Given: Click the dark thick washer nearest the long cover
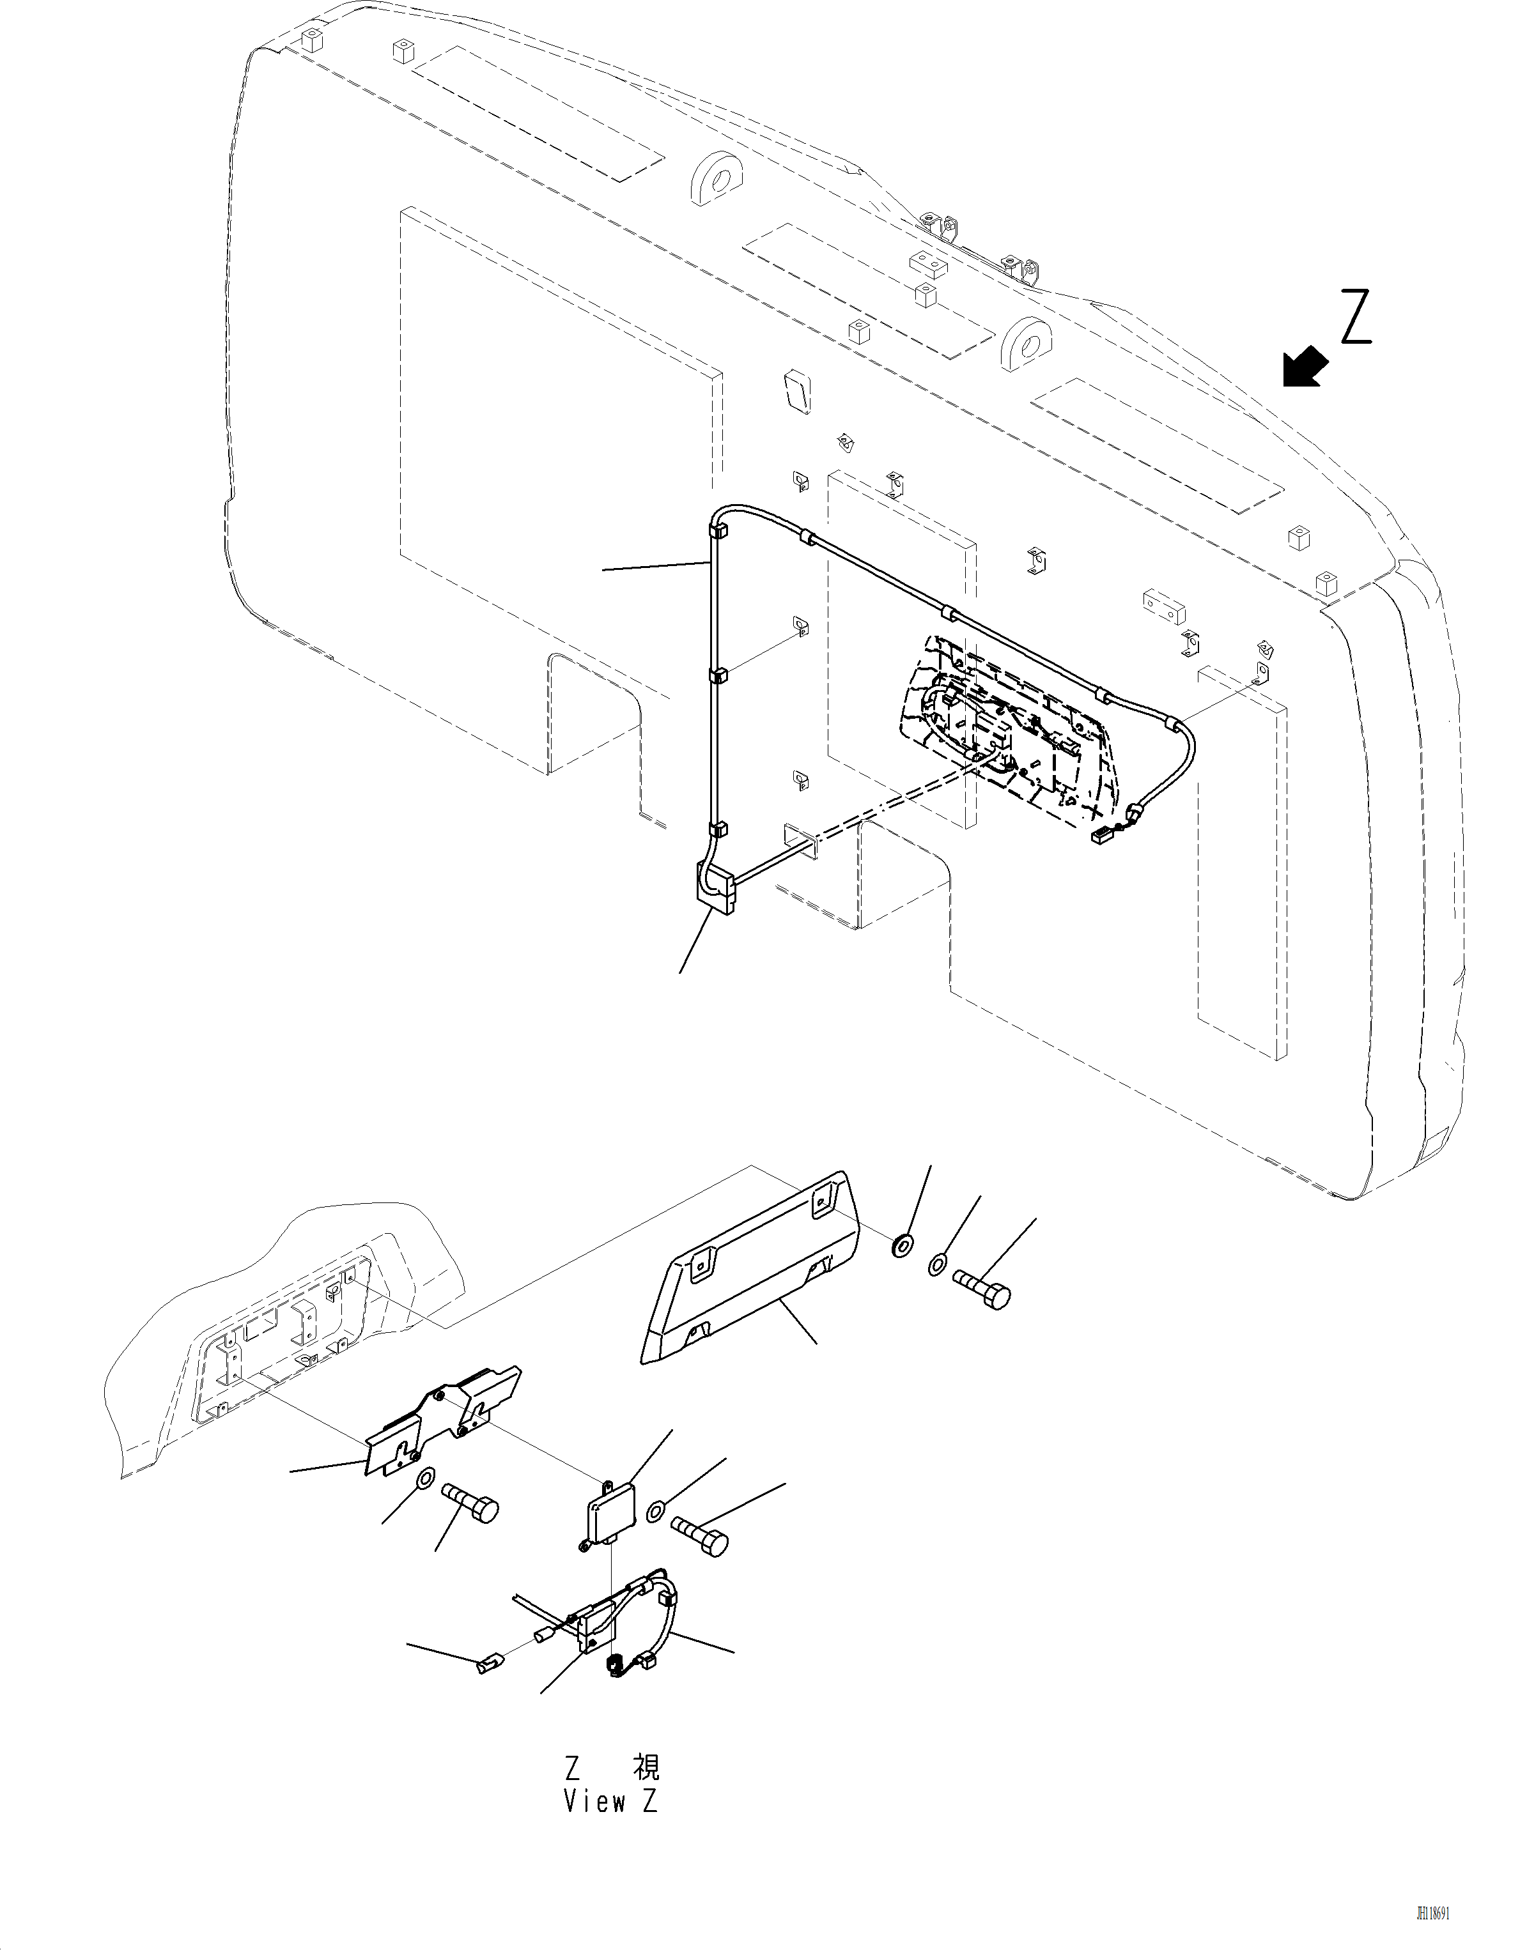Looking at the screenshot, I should [903, 1244].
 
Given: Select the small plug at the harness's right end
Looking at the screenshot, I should [1099, 836].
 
